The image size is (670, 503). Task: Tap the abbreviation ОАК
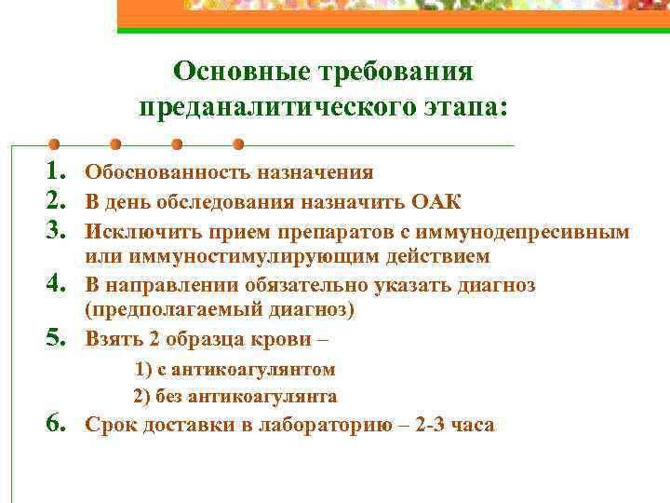coord(435,202)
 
